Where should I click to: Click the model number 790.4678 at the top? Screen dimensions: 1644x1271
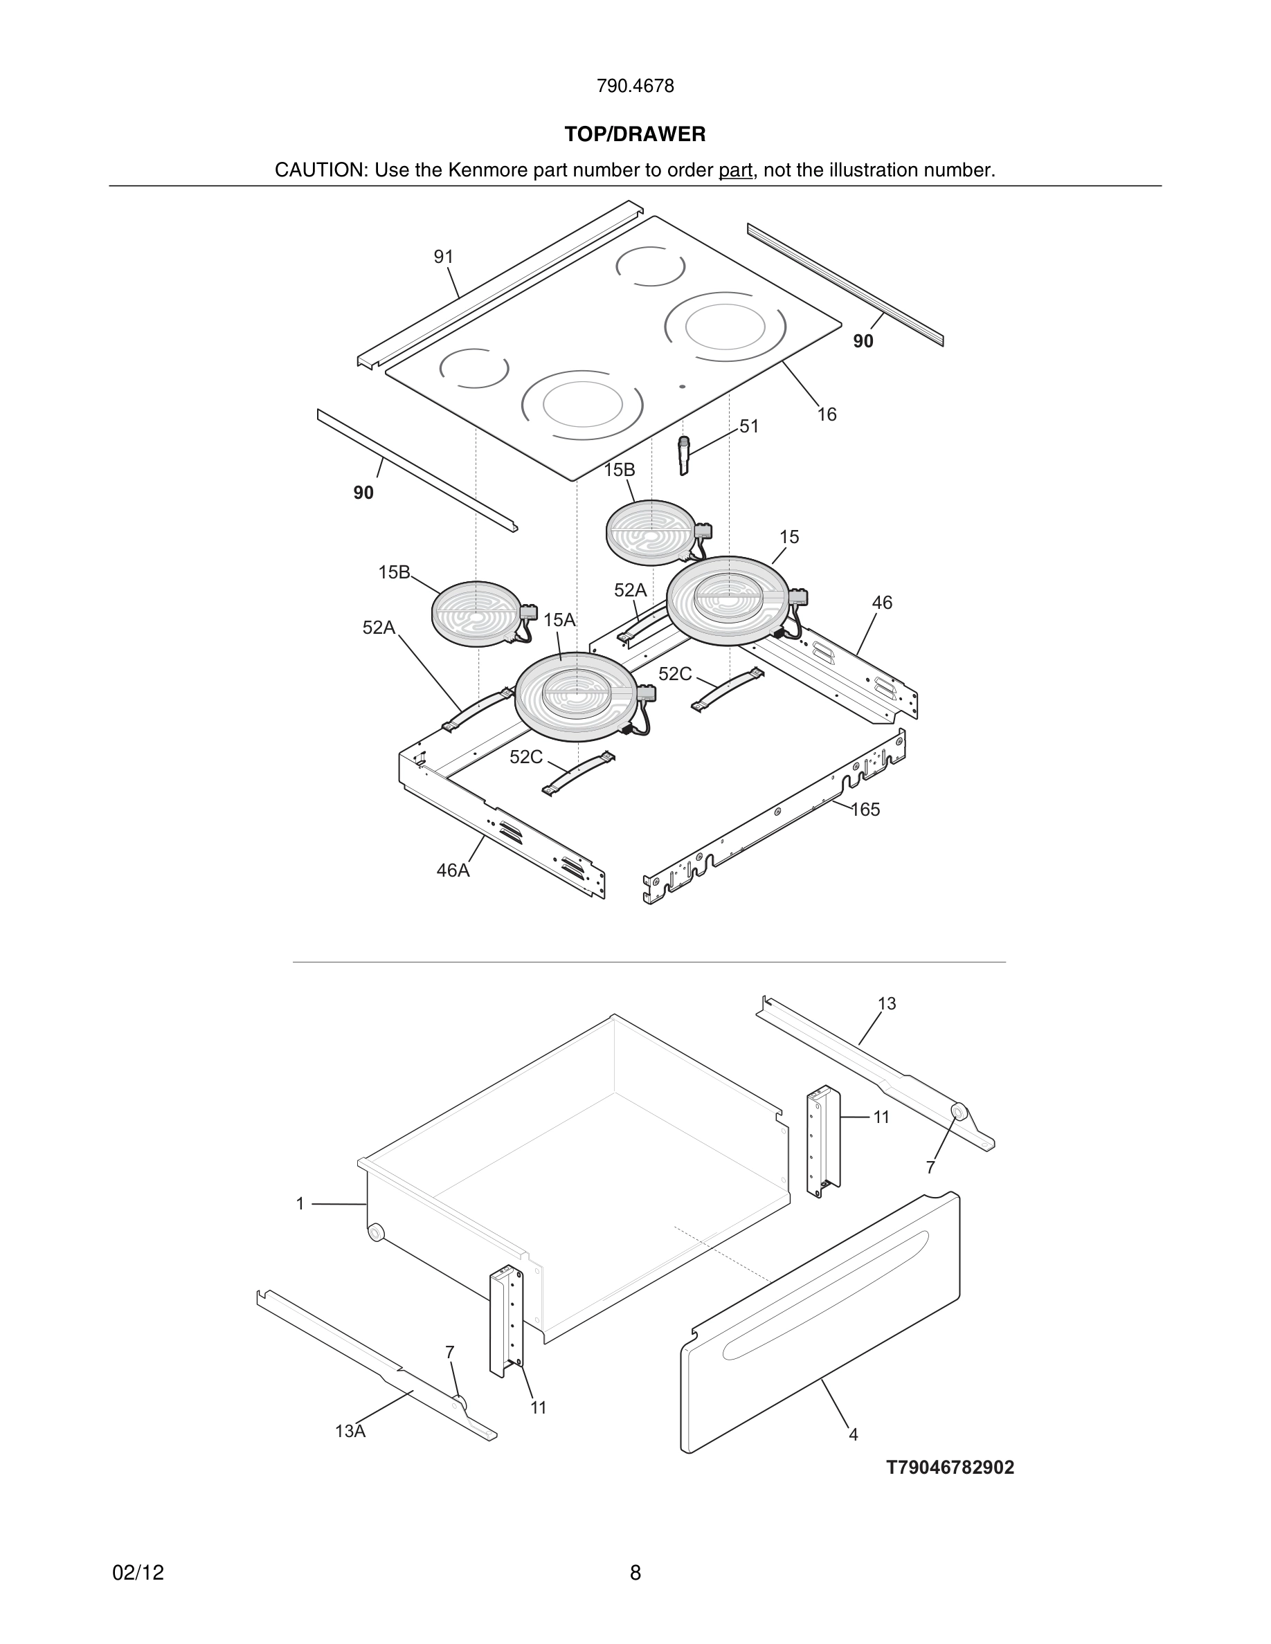point(635,86)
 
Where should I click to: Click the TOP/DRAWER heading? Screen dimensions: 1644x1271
point(635,135)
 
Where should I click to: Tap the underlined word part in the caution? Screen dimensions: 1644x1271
point(735,171)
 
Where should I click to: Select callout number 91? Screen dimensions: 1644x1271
point(444,257)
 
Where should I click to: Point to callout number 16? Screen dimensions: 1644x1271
point(827,414)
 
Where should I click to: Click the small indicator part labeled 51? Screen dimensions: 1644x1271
point(684,455)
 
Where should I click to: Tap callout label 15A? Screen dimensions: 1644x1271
point(559,620)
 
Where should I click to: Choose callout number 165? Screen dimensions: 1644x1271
point(865,810)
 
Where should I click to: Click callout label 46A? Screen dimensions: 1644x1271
point(453,871)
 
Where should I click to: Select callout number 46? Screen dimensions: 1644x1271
point(882,603)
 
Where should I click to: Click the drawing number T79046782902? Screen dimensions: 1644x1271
point(950,1468)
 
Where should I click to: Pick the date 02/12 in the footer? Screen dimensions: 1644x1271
point(138,1573)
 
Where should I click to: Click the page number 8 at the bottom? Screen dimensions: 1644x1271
point(635,1573)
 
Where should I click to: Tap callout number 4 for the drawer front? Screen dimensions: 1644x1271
point(853,1436)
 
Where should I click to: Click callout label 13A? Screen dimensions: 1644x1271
point(350,1432)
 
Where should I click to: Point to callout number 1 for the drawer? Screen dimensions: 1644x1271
point(300,1205)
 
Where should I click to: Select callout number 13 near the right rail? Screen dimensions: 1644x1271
point(886,1004)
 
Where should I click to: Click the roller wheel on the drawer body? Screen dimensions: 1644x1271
point(375,1233)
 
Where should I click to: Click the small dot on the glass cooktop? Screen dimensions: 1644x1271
point(682,387)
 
